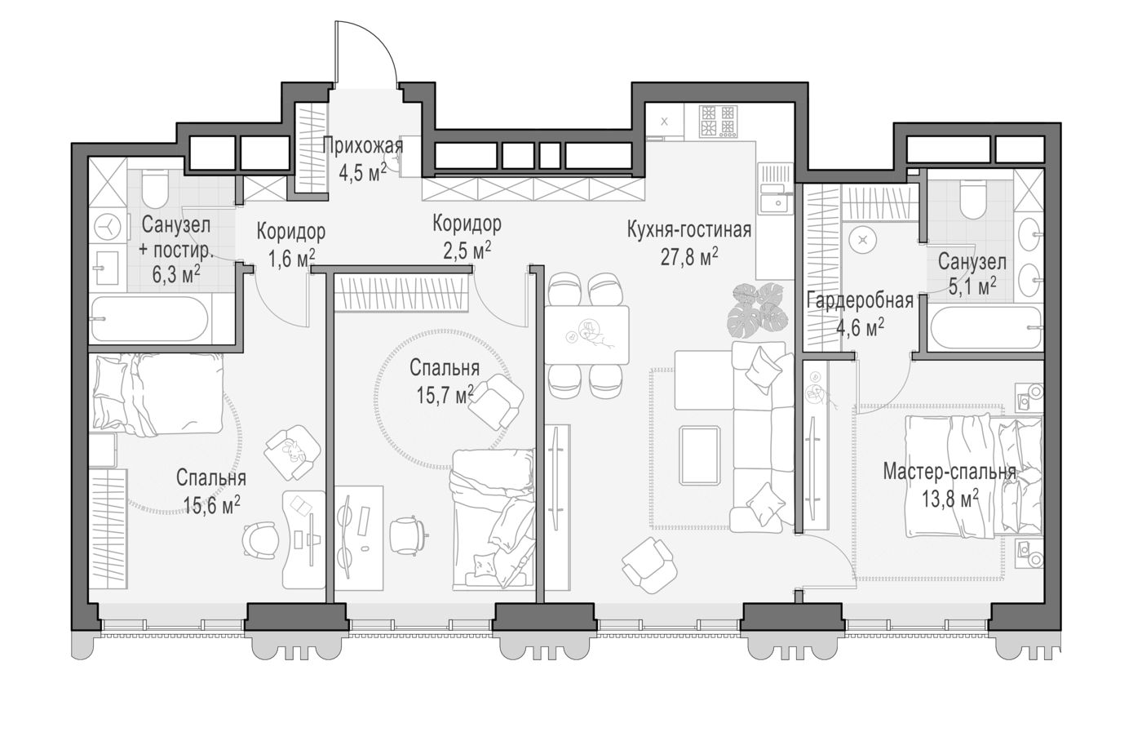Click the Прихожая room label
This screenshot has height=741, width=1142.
click(363, 146)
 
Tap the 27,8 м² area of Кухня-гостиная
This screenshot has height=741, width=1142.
click(689, 257)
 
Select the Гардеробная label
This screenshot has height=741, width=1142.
click(860, 301)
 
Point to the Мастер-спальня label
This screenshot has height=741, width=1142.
click(949, 472)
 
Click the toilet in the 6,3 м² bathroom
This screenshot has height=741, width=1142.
click(155, 189)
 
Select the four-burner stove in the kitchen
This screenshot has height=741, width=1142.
click(719, 122)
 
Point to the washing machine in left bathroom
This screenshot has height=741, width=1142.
click(108, 228)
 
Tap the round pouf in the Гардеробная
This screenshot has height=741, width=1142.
click(862, 240)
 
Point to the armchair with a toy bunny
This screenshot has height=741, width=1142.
click(293, 452)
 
